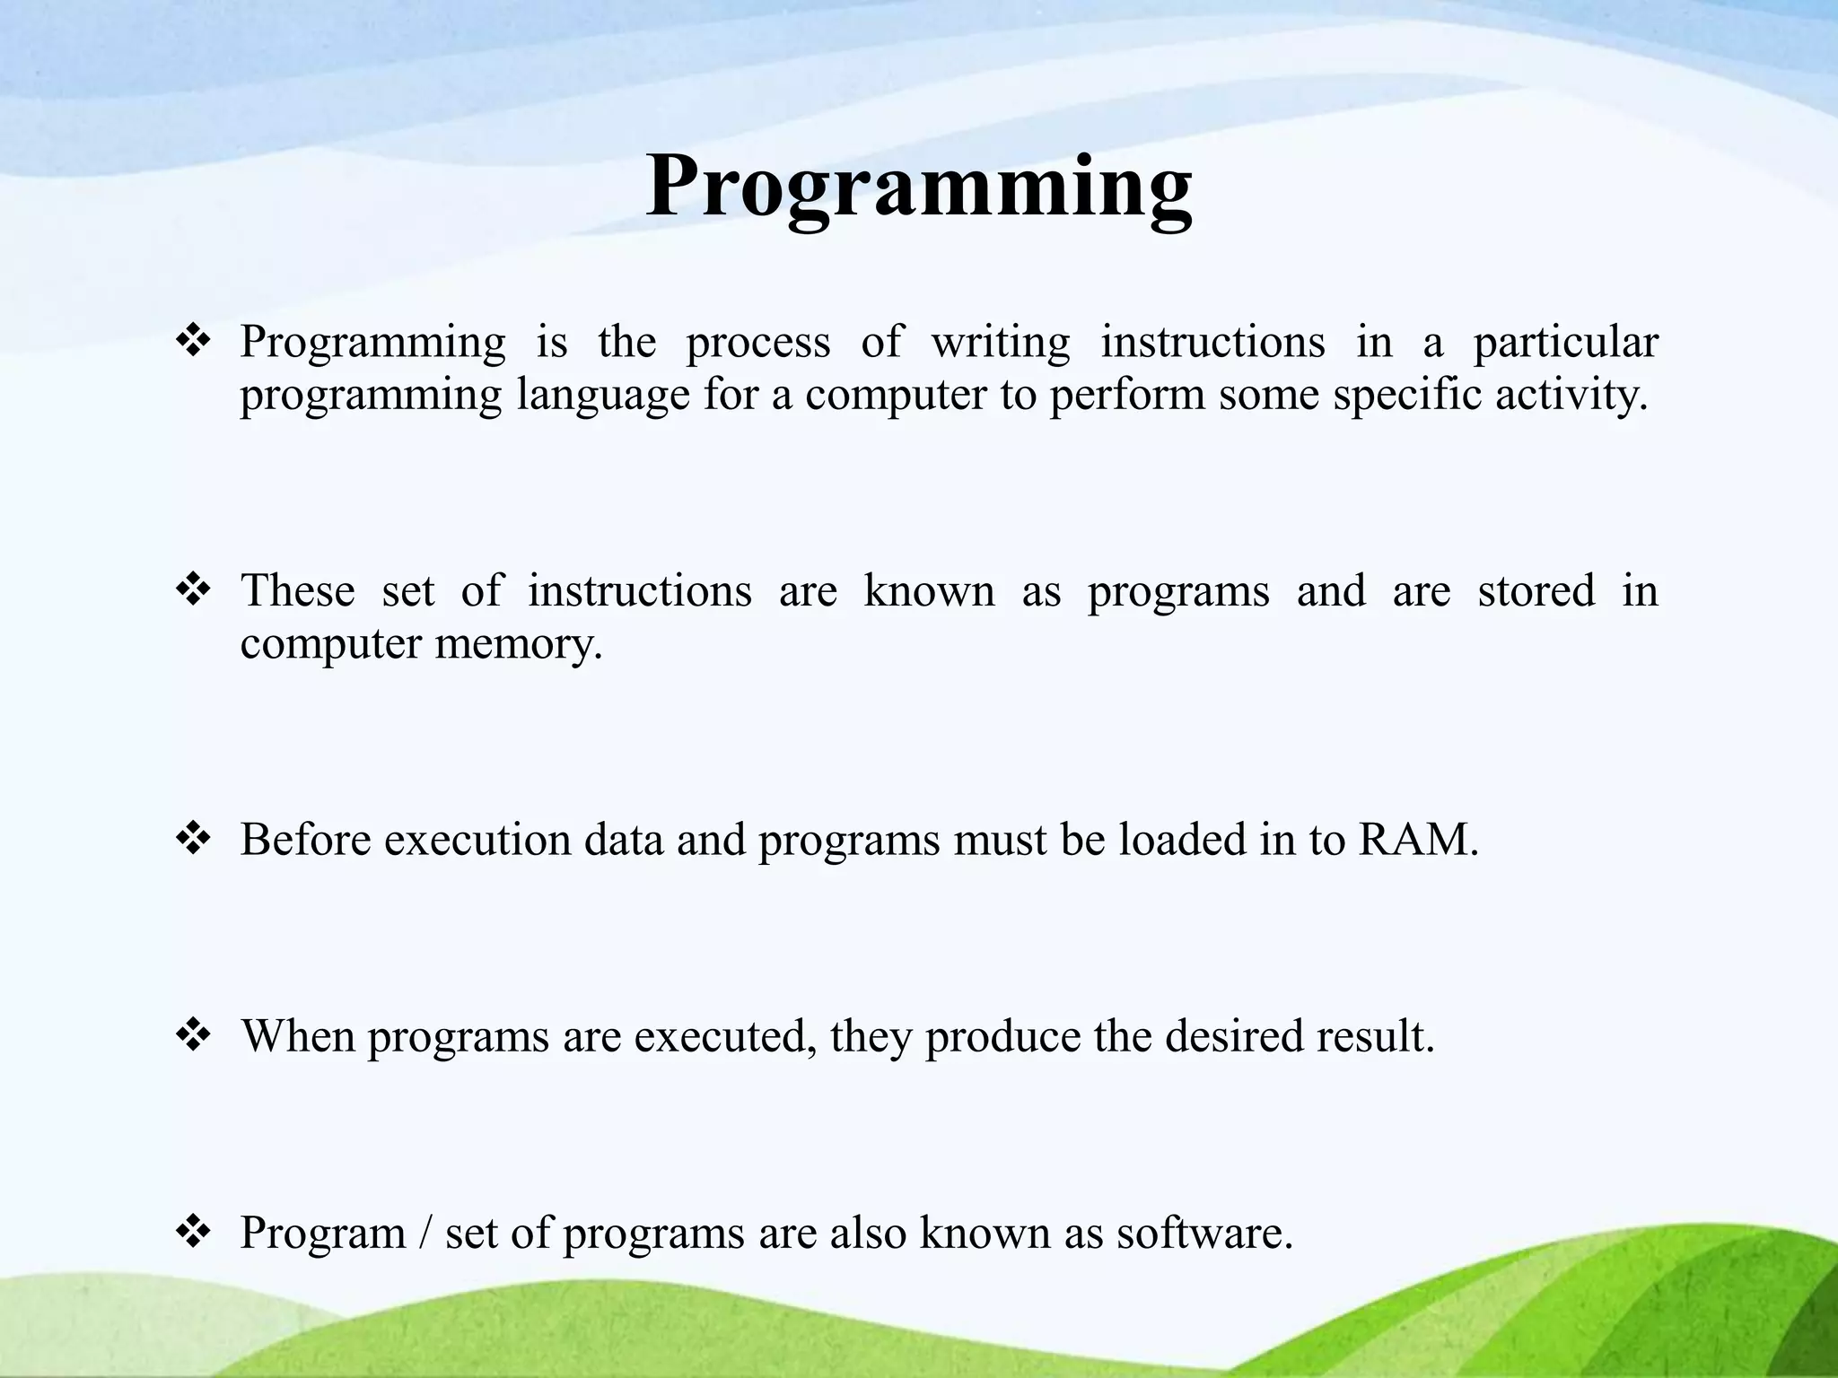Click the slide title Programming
pyautogui.click(x=918, y=187)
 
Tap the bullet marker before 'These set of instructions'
pyautogui.click(x=193, y=590)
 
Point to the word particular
pyautogui.click(x=1565, y=343)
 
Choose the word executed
pyautogui.click(x=725, y=1036)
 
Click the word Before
pyautogui.click(x=305, y=840)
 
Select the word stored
pyautogui.click(x=1536, y=590)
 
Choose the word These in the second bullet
pyautogui.click(x=297, y=590)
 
